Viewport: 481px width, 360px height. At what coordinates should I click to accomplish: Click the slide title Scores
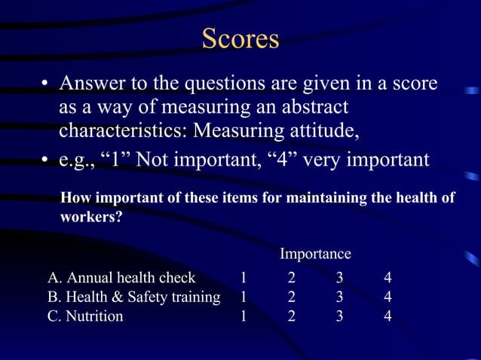[x=240, y=38]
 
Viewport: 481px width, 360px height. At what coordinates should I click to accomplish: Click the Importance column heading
[x=315, y=254]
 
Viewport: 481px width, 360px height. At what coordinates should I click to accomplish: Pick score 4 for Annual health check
[x=388, y=277]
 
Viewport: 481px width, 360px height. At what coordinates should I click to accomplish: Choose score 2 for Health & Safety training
[x=291, y=297]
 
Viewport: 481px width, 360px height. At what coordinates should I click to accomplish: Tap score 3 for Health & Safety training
[x=339, y=297]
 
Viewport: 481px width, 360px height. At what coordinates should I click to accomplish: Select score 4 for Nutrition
[x=388, y=316]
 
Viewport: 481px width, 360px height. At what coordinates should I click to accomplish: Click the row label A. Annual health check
[x=121, y=277]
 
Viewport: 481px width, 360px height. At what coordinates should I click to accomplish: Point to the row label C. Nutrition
[x=85, y=316]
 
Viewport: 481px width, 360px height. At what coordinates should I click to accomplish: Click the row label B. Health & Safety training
[x=133, y=297]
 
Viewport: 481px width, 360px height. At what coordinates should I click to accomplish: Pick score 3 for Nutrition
[x=339, y=316]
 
